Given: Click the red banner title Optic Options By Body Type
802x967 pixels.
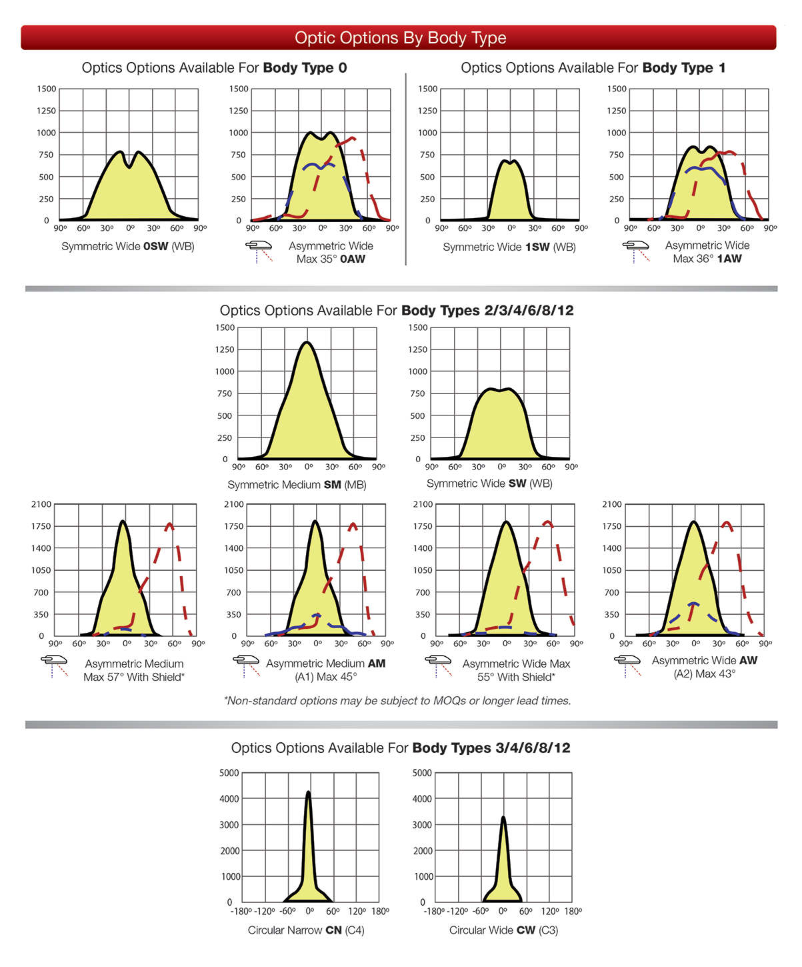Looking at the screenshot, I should point(400,38).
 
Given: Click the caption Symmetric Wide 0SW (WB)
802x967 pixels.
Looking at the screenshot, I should point(128,247).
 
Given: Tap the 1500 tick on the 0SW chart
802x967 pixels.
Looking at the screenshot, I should point(47,89).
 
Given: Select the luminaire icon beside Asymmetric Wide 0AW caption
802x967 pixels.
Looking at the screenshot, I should point(259,251).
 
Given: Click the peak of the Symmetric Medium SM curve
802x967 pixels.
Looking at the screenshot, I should point(307,343).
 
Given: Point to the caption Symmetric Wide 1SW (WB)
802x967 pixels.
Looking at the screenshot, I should point(509,247).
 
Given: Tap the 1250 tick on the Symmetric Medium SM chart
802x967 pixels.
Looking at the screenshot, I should point(225,349).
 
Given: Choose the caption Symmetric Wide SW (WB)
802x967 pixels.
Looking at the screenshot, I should point(489,484).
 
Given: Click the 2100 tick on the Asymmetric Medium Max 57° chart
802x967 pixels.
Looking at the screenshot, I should point(41,504).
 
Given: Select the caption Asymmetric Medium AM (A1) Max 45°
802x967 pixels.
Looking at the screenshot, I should point(325,670).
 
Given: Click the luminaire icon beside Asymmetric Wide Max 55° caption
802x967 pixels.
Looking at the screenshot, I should point(439,665).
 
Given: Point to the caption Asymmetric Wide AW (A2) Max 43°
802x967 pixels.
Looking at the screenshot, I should point(704,667).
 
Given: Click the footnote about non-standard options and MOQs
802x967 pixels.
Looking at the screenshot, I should point(397,701).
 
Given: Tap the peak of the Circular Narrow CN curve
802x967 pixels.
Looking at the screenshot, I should point(308,792).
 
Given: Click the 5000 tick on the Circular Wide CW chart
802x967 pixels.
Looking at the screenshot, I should point(422,773).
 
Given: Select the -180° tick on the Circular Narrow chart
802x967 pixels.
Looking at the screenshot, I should point(241,912).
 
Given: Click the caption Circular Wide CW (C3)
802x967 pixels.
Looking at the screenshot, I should point(503,930).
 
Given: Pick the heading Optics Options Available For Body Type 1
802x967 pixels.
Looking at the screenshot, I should point(593,68).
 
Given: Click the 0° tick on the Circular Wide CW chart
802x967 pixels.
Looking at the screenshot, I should point(503,912).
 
